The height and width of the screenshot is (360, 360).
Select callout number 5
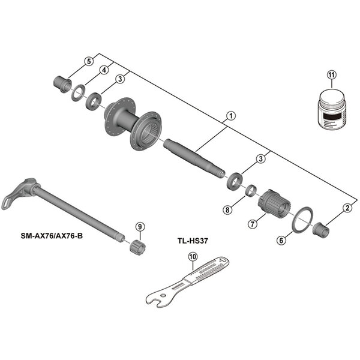89,61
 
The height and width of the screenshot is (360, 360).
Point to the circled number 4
104,70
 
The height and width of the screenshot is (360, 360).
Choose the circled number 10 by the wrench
192,258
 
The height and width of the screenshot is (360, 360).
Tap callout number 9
140,226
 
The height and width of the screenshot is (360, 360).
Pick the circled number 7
253,223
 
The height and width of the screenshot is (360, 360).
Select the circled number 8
227,209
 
